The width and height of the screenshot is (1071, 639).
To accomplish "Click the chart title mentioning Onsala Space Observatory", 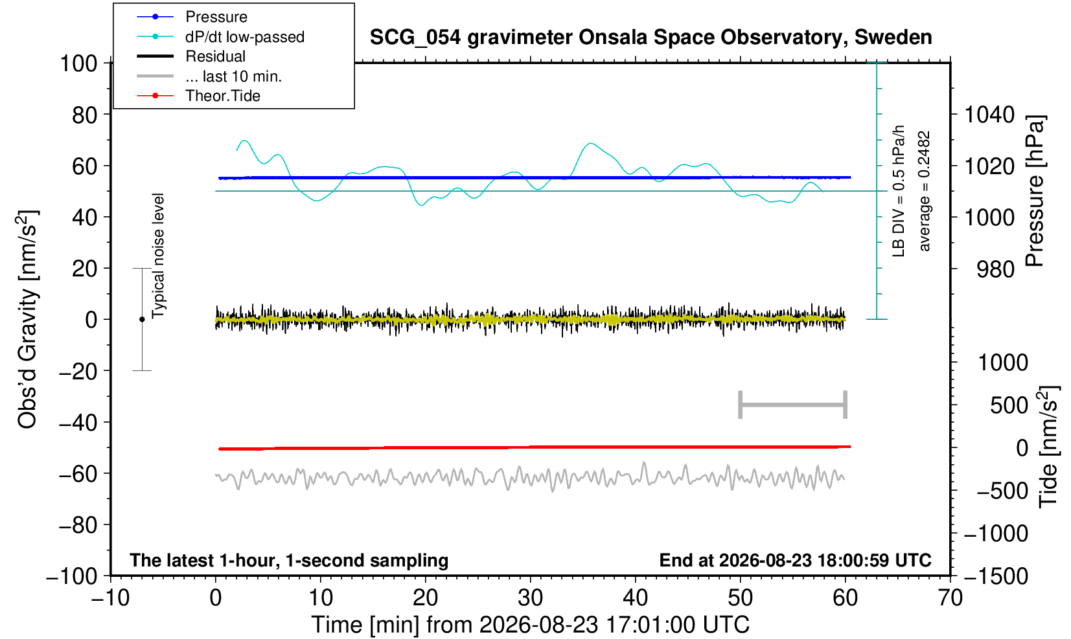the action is pyautogui.click(x=651, y=38).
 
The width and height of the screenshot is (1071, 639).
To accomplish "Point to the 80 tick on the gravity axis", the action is pyautogui.click(x=85, y=115).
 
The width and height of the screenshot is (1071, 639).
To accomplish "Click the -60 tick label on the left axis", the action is pyautogui.click(x=78, y=474).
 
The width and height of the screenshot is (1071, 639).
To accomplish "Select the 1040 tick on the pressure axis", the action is pyautogui.click(x=989, y=115).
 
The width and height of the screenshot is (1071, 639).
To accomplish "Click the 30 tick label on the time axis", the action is pyautogui.click(x=530, y=598).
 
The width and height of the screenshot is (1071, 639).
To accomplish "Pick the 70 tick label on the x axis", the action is pyautogui.click(x=950, y=598).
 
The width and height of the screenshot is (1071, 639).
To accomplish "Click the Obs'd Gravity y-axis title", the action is pyautogui.click(x=27, y=319).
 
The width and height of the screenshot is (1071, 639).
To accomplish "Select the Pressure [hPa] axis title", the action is pyautogui.click(x=1035, y=191).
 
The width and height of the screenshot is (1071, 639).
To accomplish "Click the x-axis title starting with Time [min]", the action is pyautogui.click(x=530, y=625).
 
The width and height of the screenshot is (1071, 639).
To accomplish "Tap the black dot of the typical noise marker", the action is pyautogui.click(x=142, y=319).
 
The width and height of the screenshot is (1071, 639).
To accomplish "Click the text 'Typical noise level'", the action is pyautogui.click(x=158, y=256).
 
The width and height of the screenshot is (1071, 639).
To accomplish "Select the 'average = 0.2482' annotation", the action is pyautogui.click(x=924, y=191).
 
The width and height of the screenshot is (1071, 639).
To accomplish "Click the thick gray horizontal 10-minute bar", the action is pyautogui.click(x=793, y=405).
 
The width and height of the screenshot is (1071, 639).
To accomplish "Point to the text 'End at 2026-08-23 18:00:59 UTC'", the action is pyautogui.click(x=795, y=560).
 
